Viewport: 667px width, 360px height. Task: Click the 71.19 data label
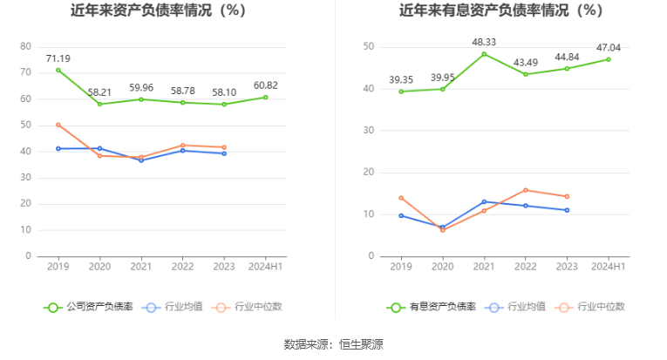coord(58,58)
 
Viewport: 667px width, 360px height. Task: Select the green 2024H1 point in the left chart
coord(265,97)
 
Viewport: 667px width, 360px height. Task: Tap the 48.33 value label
coord(484,42)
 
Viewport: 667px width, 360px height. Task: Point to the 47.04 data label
coord(609,48)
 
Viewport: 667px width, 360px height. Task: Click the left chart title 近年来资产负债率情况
coord(158,11)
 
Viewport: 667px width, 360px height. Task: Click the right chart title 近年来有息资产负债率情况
coord(500,11)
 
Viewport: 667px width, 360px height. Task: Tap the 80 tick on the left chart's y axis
coord(25,46)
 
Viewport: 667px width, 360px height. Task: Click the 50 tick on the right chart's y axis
coord(369,46)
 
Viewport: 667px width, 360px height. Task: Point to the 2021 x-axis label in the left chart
coord(140,267)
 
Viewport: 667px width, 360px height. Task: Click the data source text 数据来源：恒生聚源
coord(333,344)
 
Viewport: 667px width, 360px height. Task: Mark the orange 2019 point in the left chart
coord(58,125)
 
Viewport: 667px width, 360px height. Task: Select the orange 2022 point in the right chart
coord(526,190)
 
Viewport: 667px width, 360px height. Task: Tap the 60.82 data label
coord(265,85)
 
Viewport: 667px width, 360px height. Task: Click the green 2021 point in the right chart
coord(484,54)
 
